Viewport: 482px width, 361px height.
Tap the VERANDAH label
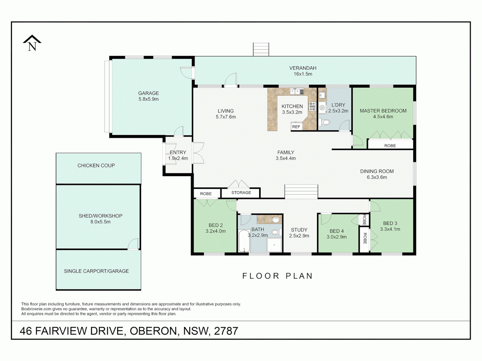(303, 68)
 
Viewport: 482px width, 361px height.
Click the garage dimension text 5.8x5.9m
(148, 99)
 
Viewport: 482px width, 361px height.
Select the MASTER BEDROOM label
(383, 111)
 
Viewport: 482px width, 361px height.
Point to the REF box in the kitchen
(296, 127)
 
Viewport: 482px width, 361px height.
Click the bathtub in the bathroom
(244, 241)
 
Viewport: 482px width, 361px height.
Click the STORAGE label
(241, 193)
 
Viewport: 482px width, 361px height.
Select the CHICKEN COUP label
(96, 165)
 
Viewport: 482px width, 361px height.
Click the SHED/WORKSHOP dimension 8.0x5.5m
(100, 222)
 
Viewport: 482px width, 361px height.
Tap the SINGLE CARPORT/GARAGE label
(96, 271)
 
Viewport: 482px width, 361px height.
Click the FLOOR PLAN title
(277, 276)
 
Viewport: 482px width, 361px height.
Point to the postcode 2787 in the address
(226, 331)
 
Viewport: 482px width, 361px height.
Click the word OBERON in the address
(153, 331)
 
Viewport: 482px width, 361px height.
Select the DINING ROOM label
(377, 171)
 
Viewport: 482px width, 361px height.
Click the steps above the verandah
(261, 49)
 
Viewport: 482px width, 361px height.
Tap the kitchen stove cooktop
(312, 106)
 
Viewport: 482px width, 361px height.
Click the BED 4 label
(336, 231)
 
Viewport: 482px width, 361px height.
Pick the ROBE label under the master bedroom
(390, 146)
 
